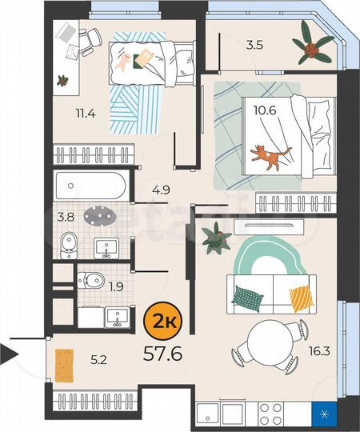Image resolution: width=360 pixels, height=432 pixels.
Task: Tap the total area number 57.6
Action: tap(162, 354)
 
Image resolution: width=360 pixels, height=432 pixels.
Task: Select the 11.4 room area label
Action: tap(86, 114)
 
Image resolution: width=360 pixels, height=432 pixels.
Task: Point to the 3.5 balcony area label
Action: tap(254, 45)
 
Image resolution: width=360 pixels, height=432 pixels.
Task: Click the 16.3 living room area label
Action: tap(319, 351)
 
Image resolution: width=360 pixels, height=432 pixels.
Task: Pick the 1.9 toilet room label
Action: tap(116, 287)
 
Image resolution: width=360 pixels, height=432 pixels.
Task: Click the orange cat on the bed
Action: tap(270, 157)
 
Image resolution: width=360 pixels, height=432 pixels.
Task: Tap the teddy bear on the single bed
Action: tap(123, 62)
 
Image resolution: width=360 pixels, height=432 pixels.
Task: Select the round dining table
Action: tap(270, 342)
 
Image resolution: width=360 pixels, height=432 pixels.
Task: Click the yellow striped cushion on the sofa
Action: tap(302, 299)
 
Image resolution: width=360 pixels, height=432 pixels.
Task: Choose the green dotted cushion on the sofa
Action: tap(247, 298)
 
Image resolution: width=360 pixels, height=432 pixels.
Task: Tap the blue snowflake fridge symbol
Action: tap(325, 414)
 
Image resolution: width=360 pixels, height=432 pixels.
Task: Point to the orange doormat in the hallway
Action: tap(65, 366)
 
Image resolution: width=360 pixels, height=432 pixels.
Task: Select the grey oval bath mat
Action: tap(100, 217)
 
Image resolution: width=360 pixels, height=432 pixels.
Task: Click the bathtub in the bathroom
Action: tap(91, 186)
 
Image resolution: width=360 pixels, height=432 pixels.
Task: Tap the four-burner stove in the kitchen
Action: tap(271, 414)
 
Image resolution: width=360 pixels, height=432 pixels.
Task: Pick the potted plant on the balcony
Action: tap(313, 47)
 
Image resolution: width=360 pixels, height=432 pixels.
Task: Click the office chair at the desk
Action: tap(90, 41)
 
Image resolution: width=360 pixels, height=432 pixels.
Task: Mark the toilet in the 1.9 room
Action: tap(90, 280)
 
